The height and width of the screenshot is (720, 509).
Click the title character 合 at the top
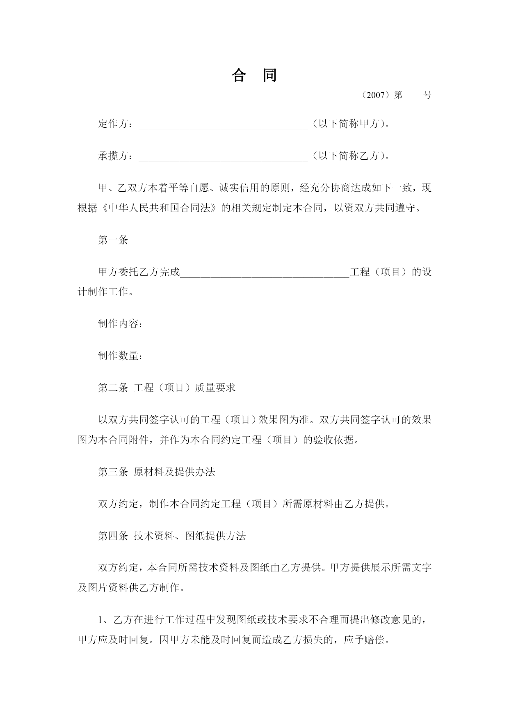click(238, 75)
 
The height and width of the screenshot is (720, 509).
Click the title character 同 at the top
click(269, 75)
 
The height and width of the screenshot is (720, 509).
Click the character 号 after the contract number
click(427, 95)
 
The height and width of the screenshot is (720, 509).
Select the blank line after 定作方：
click(223, 125)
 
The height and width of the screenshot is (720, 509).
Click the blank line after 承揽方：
click(223, 157)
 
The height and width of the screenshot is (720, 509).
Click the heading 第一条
click(113, 240)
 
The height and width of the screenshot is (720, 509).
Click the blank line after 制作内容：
click(223, 325)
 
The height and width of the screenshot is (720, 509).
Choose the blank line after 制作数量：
click(223, 357)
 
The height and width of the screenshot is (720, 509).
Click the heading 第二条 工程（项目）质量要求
click(167, 388)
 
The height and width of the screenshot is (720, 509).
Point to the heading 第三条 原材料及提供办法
click(156, 472)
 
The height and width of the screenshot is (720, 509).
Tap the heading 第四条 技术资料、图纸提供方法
click(171, 536)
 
